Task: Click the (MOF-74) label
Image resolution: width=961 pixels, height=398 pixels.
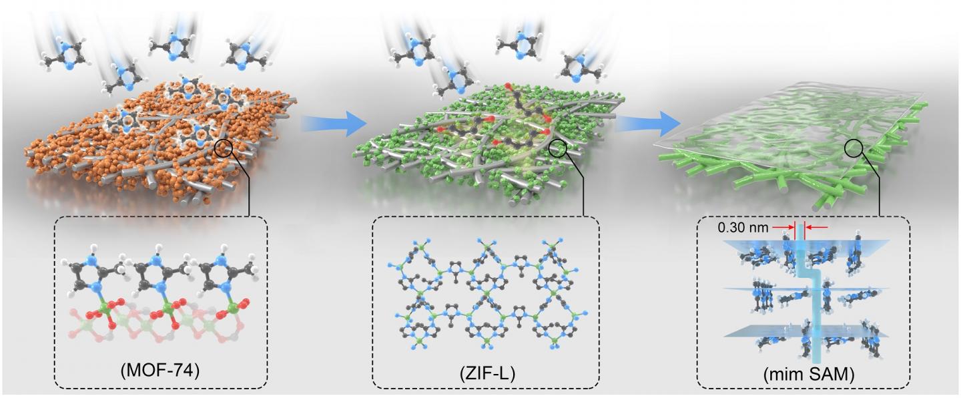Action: point(161,371)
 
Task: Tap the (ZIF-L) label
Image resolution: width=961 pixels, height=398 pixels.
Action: point(485,371)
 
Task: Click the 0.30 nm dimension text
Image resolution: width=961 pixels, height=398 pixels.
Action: point(739,227)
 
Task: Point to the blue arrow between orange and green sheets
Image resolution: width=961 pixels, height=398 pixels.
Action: point(334,123)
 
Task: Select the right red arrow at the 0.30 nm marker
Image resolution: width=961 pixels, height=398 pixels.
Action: point(818,227)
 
